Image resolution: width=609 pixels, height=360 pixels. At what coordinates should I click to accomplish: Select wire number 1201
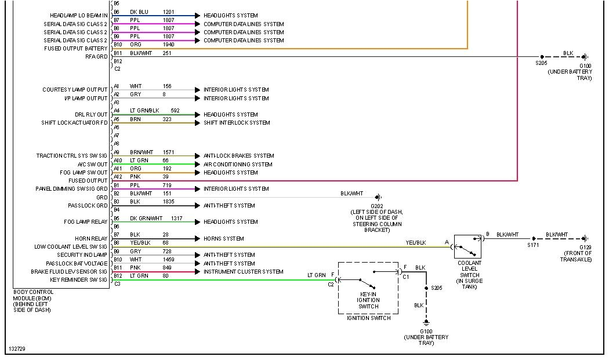point(168,12)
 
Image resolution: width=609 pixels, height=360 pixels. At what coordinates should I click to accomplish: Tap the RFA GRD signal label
point(96,57)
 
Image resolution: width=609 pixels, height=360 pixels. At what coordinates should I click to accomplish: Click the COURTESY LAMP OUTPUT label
point(75,90)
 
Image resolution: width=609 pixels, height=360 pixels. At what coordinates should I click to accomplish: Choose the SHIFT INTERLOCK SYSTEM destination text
point(237,123)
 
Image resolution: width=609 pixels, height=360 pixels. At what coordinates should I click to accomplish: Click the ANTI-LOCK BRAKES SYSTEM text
point(238,156)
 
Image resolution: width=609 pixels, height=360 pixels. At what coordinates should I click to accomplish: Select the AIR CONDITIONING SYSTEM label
point(238,164)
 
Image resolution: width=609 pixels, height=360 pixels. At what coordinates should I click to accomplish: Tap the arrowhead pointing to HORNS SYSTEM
point(198,239)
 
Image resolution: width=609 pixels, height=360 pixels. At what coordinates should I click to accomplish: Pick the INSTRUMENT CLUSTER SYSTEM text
point(243,272)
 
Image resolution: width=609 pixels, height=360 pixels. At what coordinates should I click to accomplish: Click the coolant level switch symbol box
point(467,246)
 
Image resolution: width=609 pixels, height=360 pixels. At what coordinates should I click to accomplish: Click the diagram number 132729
point(17,349)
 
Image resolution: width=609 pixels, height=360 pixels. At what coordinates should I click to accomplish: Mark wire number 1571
point(169,152)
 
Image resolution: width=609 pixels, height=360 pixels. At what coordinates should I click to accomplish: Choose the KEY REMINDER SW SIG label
point(78,280)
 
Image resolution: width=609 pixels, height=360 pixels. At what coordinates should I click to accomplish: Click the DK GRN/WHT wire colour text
point(146,218)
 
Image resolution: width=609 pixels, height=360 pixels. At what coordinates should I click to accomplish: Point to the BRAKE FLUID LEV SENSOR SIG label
point(69,272)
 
